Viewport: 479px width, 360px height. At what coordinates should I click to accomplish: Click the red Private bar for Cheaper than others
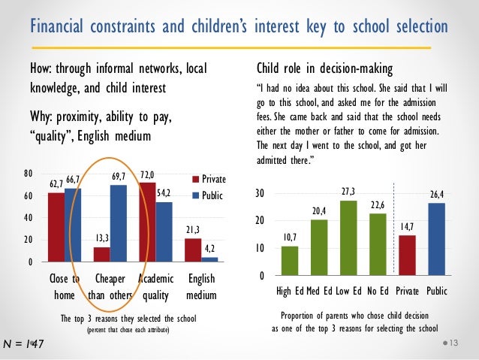click(101, 254)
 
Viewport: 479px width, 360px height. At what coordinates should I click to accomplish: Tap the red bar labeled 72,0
click(147, 222)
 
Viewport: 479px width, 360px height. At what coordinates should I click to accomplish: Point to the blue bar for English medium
click(210, 259)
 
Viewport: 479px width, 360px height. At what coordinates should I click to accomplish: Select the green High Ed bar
click(289, 261)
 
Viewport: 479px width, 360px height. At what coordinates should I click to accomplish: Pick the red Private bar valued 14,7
click(406, 256)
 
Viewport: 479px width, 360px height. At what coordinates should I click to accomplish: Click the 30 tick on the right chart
click(259, 194)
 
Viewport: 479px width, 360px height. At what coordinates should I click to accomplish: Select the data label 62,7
click(56, 183)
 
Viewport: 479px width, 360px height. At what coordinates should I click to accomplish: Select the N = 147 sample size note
click(23, 344)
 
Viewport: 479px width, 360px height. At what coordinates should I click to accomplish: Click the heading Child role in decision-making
click(324, 70)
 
